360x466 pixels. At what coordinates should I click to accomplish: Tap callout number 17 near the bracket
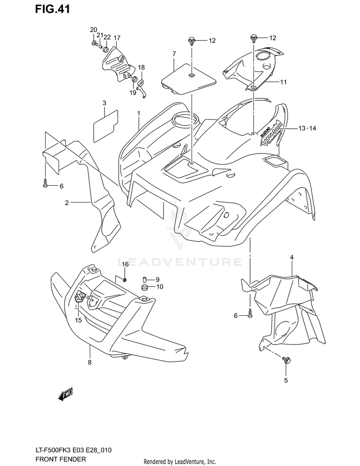pos(117,38)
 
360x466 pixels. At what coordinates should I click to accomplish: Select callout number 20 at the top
pos(93,30)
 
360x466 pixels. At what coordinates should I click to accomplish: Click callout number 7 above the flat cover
pos(174,53)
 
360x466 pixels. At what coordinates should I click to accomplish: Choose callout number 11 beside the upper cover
pos(284,82)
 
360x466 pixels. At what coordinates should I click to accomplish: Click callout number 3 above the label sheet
pos(104,103)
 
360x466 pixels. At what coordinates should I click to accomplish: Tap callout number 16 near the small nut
pos(125,264)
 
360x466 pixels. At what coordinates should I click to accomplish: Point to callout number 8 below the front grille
pos(89,362)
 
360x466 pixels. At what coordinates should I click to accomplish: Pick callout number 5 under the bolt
pos(286,381)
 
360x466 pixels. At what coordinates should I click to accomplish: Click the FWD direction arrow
pos(65,395)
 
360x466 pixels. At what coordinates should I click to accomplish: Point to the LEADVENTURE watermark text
pos(180,262)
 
